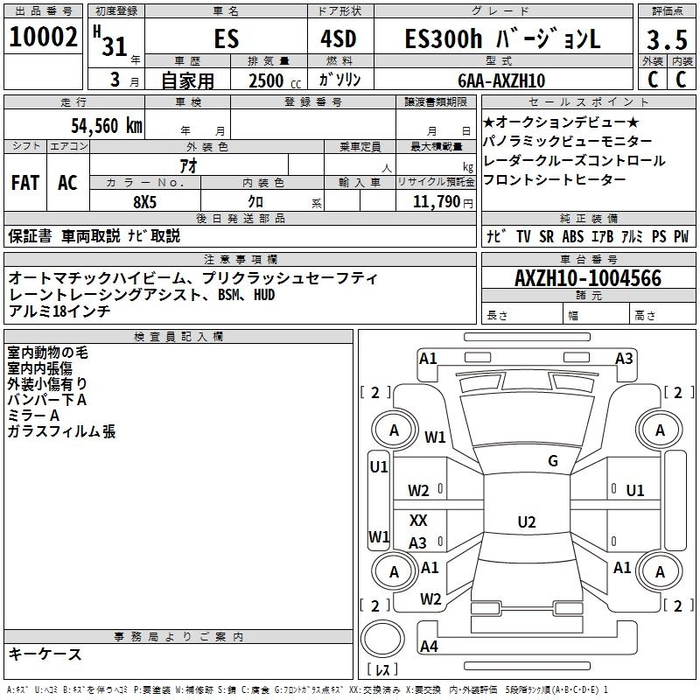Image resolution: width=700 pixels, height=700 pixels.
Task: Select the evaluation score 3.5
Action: [x=666, y=39]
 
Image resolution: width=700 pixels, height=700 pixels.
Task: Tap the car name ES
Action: [x=225, y=39]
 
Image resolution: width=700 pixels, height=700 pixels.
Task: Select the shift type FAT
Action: [x=24, y=182]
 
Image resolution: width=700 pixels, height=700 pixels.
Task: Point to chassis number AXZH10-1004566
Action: [x=588, y=278]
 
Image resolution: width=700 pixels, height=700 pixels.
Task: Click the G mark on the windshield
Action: [x=552, y=461]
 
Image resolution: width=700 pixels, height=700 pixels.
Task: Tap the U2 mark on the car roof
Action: [x=526, y=522]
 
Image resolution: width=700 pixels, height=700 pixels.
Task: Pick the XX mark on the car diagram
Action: [x=418, y=520]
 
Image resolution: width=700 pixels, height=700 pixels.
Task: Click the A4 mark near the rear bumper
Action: [x=429, y=646]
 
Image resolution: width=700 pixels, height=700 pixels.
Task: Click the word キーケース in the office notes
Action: [x=45, y=654]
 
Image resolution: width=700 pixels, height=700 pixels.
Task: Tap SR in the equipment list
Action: [x=547, y=236]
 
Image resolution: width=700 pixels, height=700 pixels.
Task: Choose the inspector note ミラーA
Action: [x=33, y=416]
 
